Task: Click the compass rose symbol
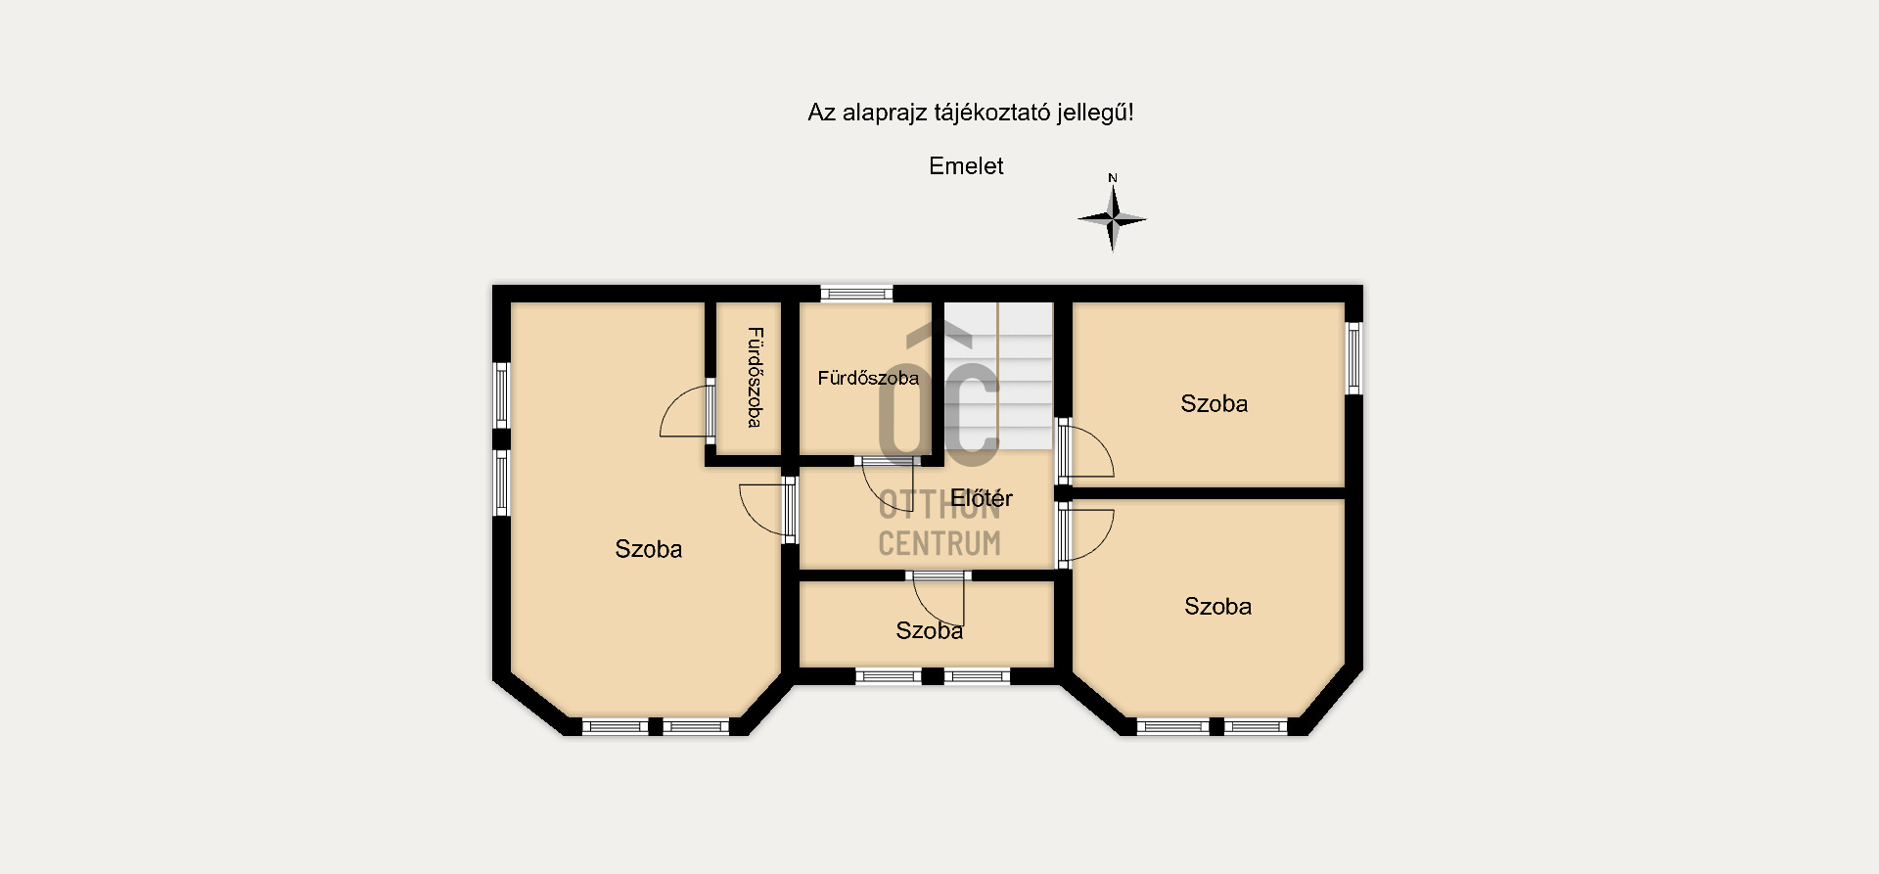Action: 1112,218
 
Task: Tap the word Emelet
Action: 966,166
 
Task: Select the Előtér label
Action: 982,498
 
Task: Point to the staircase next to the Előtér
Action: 998,377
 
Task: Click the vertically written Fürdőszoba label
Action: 755,377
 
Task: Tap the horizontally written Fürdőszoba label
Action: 868,378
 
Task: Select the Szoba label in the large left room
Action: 648,549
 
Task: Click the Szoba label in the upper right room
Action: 1214,404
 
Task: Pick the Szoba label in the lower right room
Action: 1217,607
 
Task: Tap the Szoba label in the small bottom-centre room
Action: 929,631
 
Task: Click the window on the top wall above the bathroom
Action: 856,293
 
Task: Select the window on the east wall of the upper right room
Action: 1353,357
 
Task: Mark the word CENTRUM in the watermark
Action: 939,543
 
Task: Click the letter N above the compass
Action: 1113,178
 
